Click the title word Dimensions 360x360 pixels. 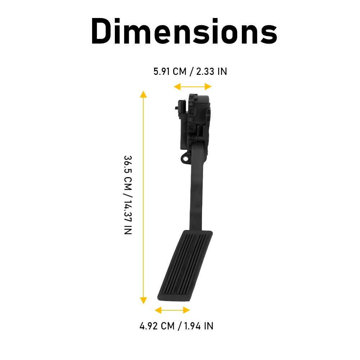(184, 31)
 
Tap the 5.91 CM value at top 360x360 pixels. (170, 71)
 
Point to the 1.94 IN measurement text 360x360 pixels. (199, 326)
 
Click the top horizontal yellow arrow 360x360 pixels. (192, 86)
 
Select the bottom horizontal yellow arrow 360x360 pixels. (172, 310)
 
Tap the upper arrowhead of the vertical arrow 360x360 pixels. (143, 94)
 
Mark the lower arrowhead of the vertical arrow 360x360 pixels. (143, 300)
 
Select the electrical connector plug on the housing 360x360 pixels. (180, 107)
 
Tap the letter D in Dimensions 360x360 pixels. (103, 31)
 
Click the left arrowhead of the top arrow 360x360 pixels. (176, 86)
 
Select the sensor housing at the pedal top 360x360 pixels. (196, 119)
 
